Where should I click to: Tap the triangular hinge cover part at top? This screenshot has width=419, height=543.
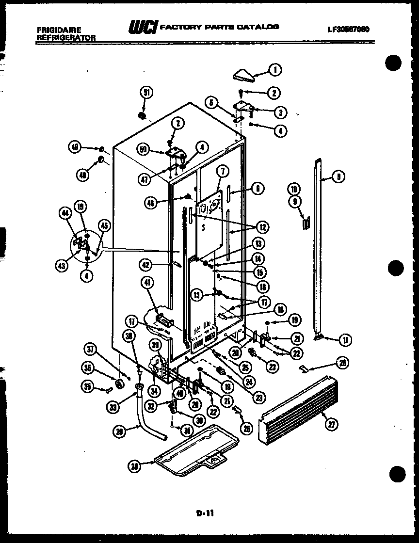coord(242,75)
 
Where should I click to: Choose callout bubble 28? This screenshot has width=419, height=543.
coord(136,466)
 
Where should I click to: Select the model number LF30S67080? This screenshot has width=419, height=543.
coord(348,29)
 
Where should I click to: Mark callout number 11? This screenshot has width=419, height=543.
coord(345,340)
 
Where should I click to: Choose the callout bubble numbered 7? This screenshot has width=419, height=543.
coord(223,171)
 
